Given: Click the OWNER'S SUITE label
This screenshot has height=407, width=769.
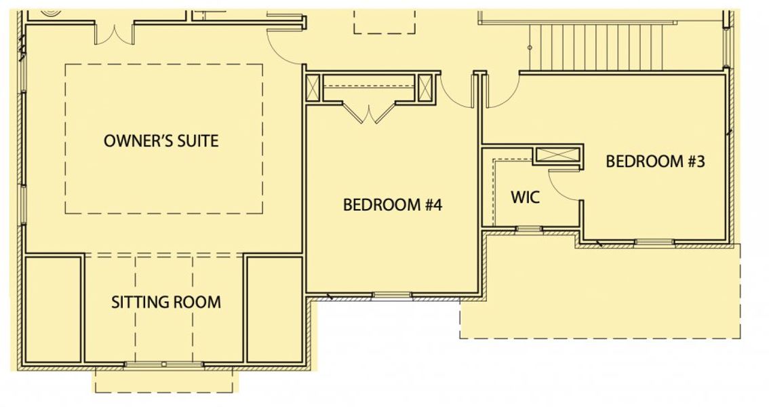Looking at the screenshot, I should coord(161,141).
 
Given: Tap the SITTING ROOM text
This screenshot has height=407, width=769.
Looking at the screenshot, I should coord(166,302).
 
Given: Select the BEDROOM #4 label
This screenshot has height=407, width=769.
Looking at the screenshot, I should coord(393,204).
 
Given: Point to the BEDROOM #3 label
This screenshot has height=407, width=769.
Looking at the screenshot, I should coord(655,161).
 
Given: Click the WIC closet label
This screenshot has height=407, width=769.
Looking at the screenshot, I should coord(525,197).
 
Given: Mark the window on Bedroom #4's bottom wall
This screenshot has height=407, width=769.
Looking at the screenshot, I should coord(392,295).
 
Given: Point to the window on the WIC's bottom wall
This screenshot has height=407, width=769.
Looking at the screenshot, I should coord(528,229).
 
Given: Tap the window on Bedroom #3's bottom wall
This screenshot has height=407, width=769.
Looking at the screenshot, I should coord(654,241).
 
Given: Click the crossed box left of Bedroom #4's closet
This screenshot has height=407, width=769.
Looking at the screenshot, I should coord(313,88).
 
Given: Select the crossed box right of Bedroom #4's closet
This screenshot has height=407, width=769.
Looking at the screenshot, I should coord(426,88).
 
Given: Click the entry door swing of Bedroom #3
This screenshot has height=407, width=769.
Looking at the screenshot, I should coord(500,92).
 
